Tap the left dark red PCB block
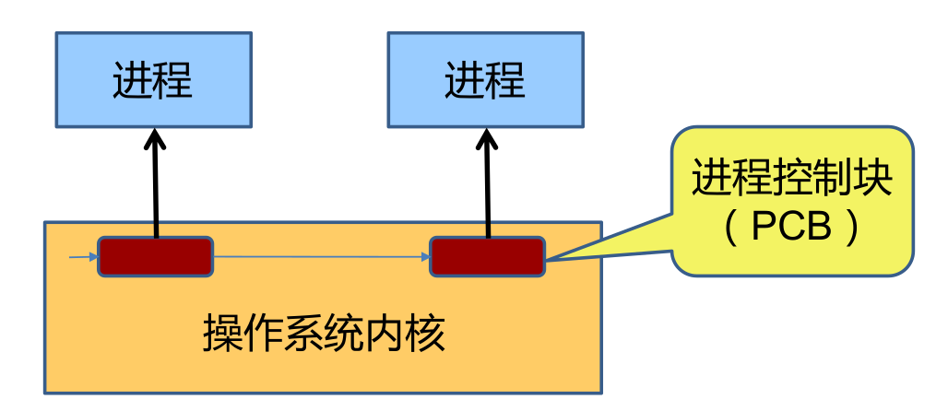coord(155,256)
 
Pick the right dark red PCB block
coord(487,256)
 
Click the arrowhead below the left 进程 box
coord(154,140)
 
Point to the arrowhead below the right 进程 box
coord(487,140)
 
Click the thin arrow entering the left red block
coord(83,255)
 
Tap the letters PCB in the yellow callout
coord(790,227)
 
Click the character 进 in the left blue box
coord(132,81)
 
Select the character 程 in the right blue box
coord(505,81)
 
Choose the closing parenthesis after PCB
coord(852,228)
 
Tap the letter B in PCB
coord(817,227)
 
